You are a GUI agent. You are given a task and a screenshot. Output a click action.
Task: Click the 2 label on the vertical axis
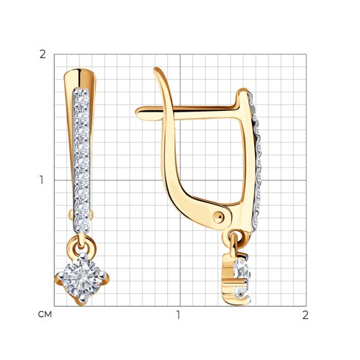(42, 55)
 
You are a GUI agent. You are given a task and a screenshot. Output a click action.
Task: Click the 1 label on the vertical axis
(42, 180)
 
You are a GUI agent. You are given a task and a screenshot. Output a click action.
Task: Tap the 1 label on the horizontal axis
(178, 315)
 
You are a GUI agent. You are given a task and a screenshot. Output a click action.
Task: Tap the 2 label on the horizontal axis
(305, 315)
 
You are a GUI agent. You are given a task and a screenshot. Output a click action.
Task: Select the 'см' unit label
(45, 315)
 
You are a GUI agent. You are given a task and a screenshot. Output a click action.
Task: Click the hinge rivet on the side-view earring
(218, 218)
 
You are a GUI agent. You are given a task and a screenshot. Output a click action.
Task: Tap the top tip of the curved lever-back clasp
(156, 69)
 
